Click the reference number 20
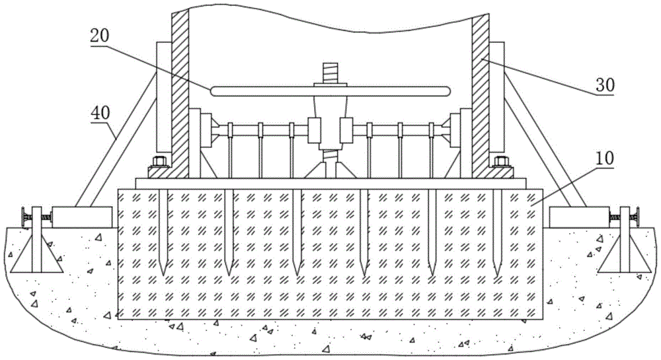(100, 36)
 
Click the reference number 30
(605, 86)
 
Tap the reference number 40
(100, 113)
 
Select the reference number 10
(605, 159)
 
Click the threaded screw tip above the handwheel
(330, 73)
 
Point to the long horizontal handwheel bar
(330, 91)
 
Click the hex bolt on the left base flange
(160, 161)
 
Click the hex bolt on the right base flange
(501, 161)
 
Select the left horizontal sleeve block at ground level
(82, 217)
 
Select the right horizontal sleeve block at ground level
(579, 217)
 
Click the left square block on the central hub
(315, 130)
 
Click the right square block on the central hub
(346, 130)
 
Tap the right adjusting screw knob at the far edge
(636, 217)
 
